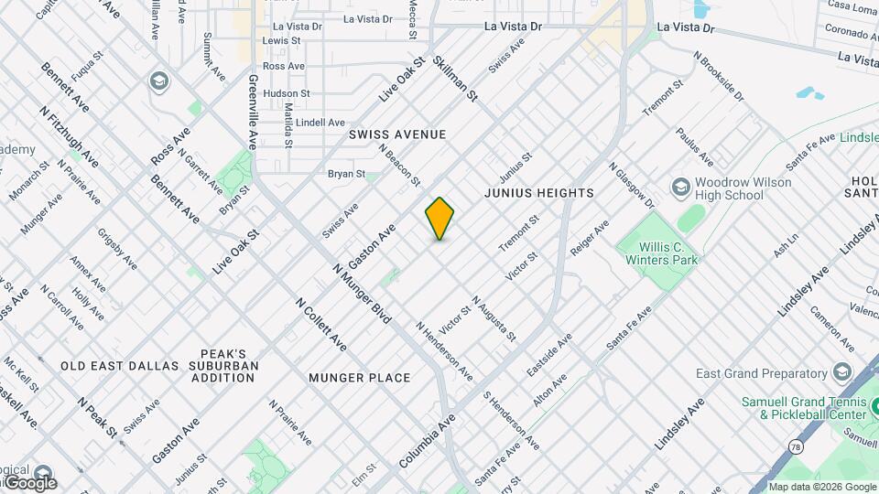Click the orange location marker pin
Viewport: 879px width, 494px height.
point(439,219)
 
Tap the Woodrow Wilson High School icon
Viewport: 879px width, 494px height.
point(680,188)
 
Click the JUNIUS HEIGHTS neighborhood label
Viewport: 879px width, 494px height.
point(539,193)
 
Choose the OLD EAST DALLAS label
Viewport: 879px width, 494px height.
point(120,366)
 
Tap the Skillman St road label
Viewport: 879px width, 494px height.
point(456,78)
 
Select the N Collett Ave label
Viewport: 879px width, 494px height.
point(320,325)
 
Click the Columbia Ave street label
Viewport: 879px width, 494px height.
point(427,441)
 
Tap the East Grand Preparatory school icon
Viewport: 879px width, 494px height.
point(841,372)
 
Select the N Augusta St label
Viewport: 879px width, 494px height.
point(494,319)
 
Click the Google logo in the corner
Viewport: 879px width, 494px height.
point(30,482)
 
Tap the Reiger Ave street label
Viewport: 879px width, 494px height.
point(589,238)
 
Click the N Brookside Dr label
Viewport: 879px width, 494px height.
point(719,74)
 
